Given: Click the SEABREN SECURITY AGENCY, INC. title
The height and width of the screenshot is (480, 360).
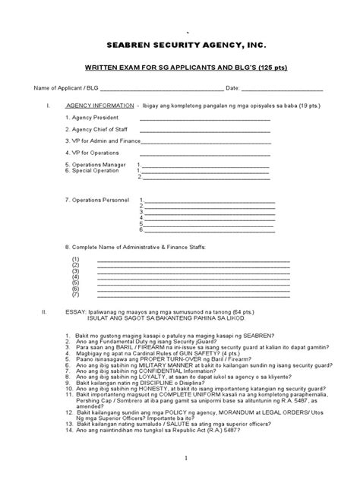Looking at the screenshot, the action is (x=180, y=46).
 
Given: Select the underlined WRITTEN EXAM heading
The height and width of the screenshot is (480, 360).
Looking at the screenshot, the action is (x=180, y=68).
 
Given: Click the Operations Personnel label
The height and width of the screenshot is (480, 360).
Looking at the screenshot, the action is (x=100, y=199).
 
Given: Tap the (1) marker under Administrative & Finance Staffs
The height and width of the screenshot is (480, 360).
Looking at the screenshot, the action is (x=76, y=259).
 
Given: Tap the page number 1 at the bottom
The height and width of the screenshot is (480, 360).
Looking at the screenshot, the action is (x=181, y=459).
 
